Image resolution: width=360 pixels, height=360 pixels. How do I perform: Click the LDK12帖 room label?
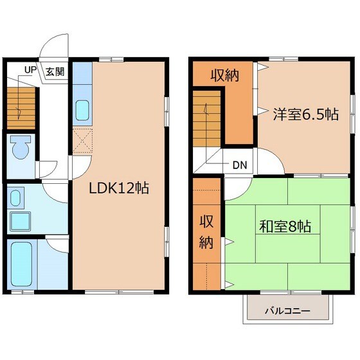click(119, 188)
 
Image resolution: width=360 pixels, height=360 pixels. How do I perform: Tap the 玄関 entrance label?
click(55, 72)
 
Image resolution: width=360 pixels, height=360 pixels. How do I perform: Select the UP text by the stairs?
click(31, 70)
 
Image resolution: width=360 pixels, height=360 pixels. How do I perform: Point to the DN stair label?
click(240, 165)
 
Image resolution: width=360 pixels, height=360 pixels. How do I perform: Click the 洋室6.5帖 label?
click(305, 114)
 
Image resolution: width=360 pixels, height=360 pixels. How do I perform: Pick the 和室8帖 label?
click(285, 226)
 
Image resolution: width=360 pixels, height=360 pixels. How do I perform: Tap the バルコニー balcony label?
click(287, 311)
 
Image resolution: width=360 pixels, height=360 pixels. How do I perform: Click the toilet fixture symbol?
click(21, 147)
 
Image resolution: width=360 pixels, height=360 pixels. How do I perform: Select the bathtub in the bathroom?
click(22, 264)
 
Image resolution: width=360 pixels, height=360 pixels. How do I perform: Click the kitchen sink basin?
click(82, 110)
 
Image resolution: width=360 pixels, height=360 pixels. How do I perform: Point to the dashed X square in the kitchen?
click(82, 141)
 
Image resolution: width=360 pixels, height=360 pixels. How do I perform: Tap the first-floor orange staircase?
click(21, 108)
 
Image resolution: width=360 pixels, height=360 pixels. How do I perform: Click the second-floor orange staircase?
click(206, 118)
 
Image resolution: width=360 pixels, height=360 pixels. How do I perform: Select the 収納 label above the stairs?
click(225, 75)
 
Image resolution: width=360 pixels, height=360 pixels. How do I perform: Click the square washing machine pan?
click(20, 221)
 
